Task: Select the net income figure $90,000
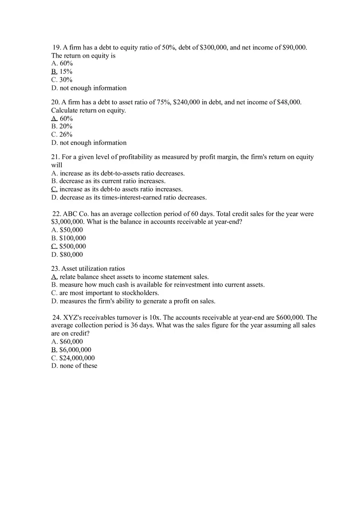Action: click(294, 47)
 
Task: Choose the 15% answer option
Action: click(66, 72)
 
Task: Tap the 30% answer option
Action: click(66, 80)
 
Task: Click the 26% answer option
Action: click(66, 135)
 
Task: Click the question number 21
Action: click(55, 157)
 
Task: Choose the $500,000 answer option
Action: click(72, 246)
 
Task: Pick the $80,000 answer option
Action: click(71, 254)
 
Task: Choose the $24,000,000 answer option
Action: click(77, 358)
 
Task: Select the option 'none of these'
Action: click(79, 366)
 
